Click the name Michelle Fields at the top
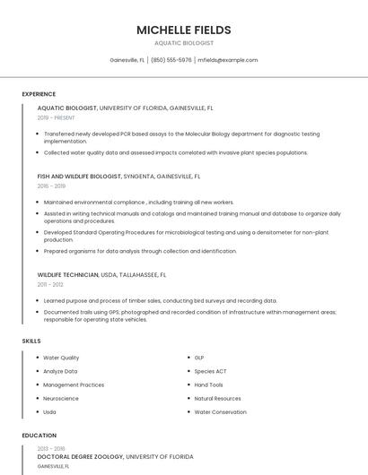pos(183,30)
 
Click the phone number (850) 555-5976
pos(171,60)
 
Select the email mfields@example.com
pos(228,60)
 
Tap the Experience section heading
pos(39,94)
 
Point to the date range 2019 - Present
pos(56,117)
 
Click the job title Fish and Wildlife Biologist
pos(80,177)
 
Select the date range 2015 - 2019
pos(51,186)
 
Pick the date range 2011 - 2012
pos(50,284)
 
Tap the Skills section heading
pos(31,341)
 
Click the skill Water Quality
pos(61,358)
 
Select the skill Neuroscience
pos(61,398)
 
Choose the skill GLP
pos(199,358)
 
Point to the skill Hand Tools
pos(208,384)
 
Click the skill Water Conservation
pos(220,412)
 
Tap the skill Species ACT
pos(210,371)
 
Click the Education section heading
pos(39,436)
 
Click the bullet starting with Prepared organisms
pos(140,251)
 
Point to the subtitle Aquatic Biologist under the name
pos(183,42)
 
